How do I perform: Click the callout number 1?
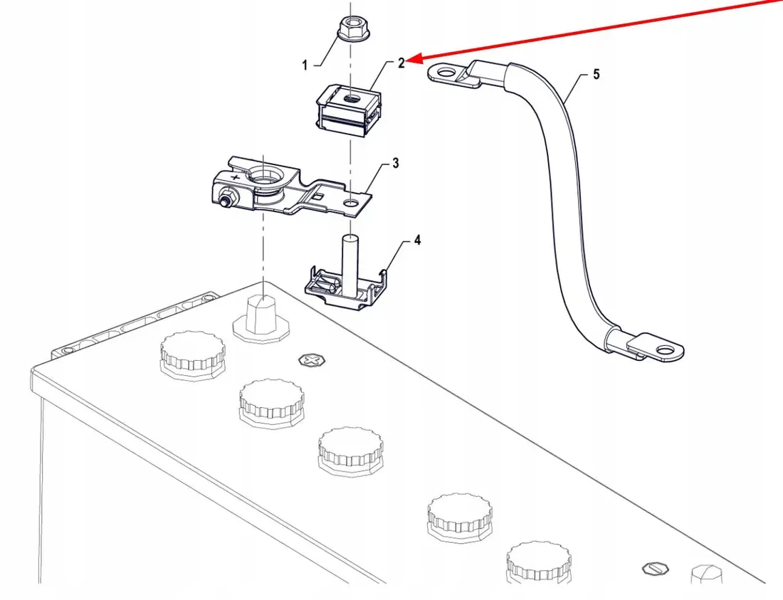305,65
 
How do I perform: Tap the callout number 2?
401,63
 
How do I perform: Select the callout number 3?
395,164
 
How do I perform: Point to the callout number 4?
417,241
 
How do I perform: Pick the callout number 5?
597,74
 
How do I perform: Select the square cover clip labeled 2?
347,107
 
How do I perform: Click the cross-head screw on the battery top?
310,361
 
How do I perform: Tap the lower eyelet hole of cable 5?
665,349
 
